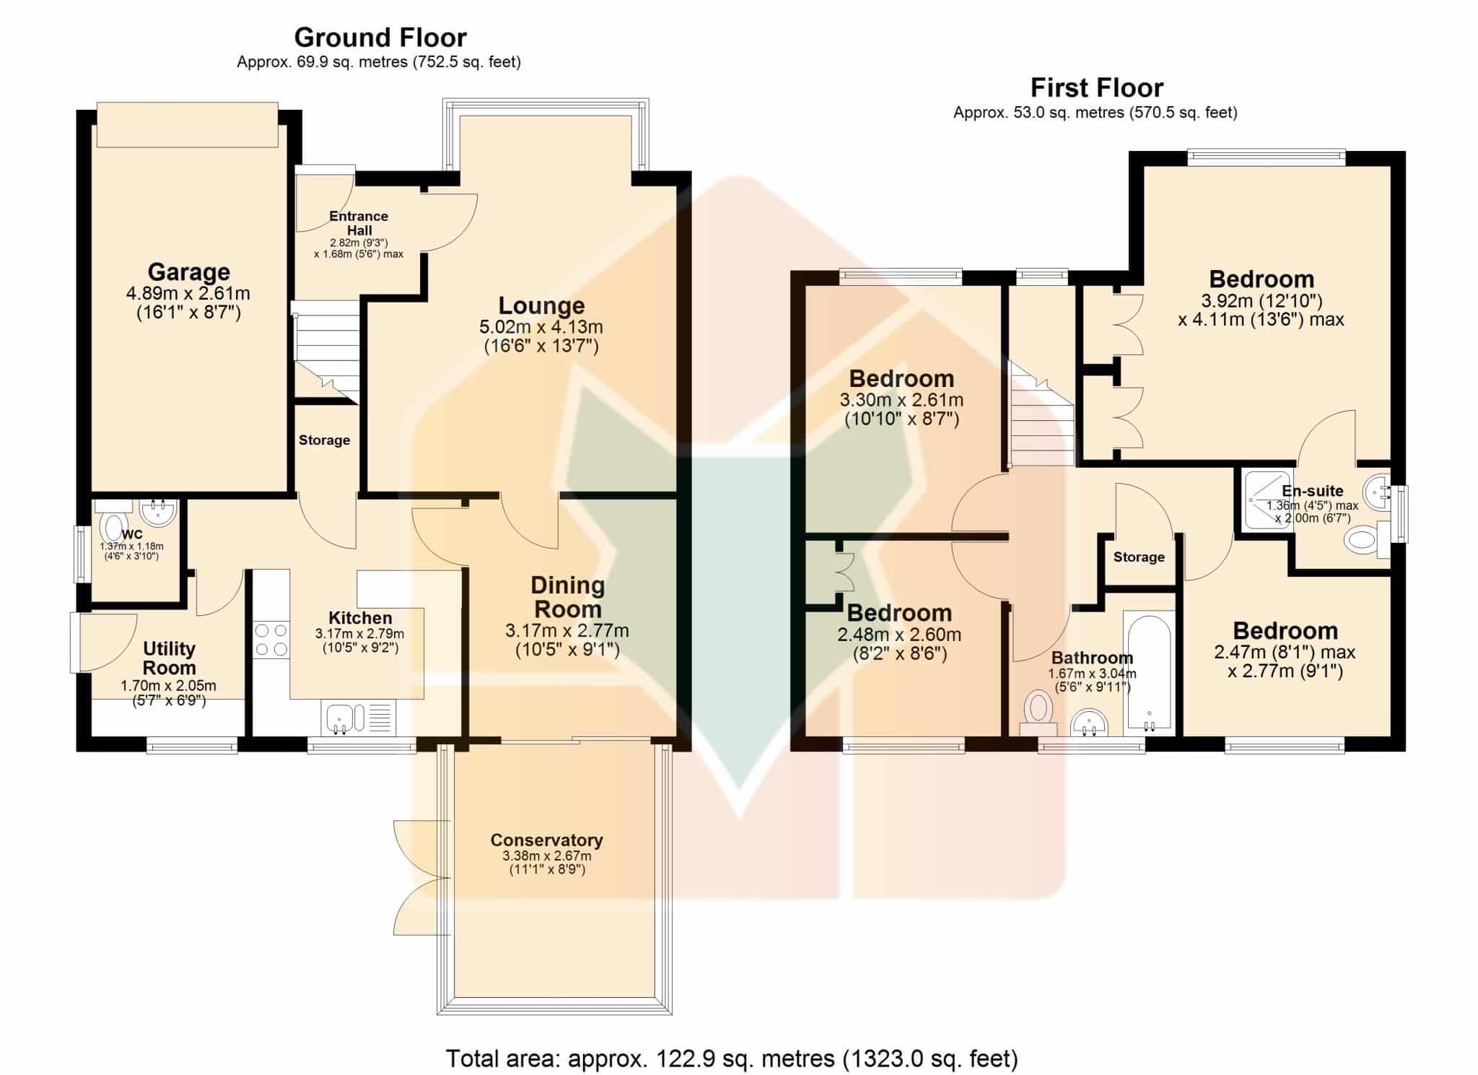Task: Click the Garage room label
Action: (189, 272)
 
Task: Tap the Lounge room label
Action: (541, 305)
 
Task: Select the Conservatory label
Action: (546, 840)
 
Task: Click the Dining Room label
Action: (567, 597)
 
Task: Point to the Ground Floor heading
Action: (380, 37)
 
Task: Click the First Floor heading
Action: (1096, 88)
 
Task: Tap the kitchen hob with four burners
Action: (271, 640)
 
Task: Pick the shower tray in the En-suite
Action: (1267, 499)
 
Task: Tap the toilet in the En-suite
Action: (1368, 540)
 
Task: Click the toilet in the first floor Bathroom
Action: (1038, 713)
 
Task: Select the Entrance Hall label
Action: (359, 223)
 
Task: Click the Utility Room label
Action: (169, 658)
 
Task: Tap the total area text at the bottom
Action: (732, 1058)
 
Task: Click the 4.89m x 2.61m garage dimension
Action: (188, 294)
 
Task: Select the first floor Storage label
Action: (1139, 557)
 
